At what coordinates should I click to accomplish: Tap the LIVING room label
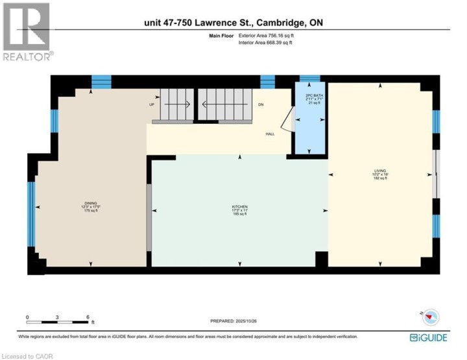tap(379, 175)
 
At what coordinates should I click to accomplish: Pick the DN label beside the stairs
tap(261, 104)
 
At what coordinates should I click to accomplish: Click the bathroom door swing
tap(285, 119)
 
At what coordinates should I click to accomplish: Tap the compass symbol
tap(431, 317)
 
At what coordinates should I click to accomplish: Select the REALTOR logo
tap(26, 32)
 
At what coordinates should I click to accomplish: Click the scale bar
tap(58, 320)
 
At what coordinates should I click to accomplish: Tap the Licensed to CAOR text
tap(27, 355)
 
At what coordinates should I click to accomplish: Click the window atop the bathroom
tap(309, 78)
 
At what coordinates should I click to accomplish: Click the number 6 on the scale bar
tap(88, 318)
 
